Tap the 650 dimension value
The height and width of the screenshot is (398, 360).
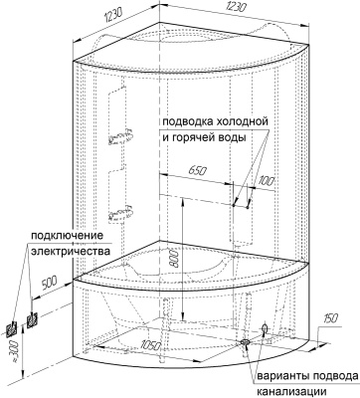tap(198, 172)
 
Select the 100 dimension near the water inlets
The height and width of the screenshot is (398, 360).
tap(264, 182)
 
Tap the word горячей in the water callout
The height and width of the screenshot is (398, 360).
tap(200, 138)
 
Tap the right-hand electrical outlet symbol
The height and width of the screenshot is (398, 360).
tap(32, 317)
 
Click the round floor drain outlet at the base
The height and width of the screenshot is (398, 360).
tap(243, 343)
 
